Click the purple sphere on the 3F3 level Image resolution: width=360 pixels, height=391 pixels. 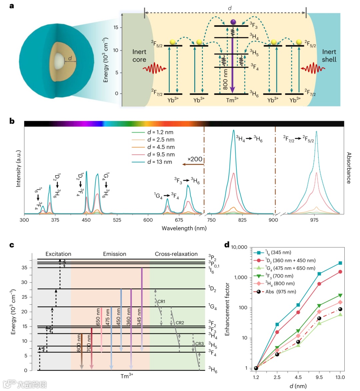click(233, 22)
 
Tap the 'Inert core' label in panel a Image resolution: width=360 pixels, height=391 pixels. click(139, 56)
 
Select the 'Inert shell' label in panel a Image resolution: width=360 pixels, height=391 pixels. click(329, 56)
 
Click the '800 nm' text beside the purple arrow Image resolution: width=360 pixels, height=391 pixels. click(226, 79)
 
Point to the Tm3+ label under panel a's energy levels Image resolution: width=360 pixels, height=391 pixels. click(232, 100)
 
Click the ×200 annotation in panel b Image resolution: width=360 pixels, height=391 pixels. click(195, 159)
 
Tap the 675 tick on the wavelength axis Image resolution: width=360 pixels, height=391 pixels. click(179, 220)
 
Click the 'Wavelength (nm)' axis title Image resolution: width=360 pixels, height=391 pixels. click(184, 228)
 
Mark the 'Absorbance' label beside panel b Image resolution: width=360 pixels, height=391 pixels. click(349, 168)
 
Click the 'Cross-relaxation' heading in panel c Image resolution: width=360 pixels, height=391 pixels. click(176, 254)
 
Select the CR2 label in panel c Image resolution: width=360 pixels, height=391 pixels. click(180, 323)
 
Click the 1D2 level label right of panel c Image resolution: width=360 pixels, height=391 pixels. click(212, 289)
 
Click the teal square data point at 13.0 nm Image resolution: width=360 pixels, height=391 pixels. click(340, 263)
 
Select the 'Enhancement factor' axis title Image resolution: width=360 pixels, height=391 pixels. click(227, 309)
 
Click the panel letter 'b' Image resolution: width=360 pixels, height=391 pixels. click(12, 121)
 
